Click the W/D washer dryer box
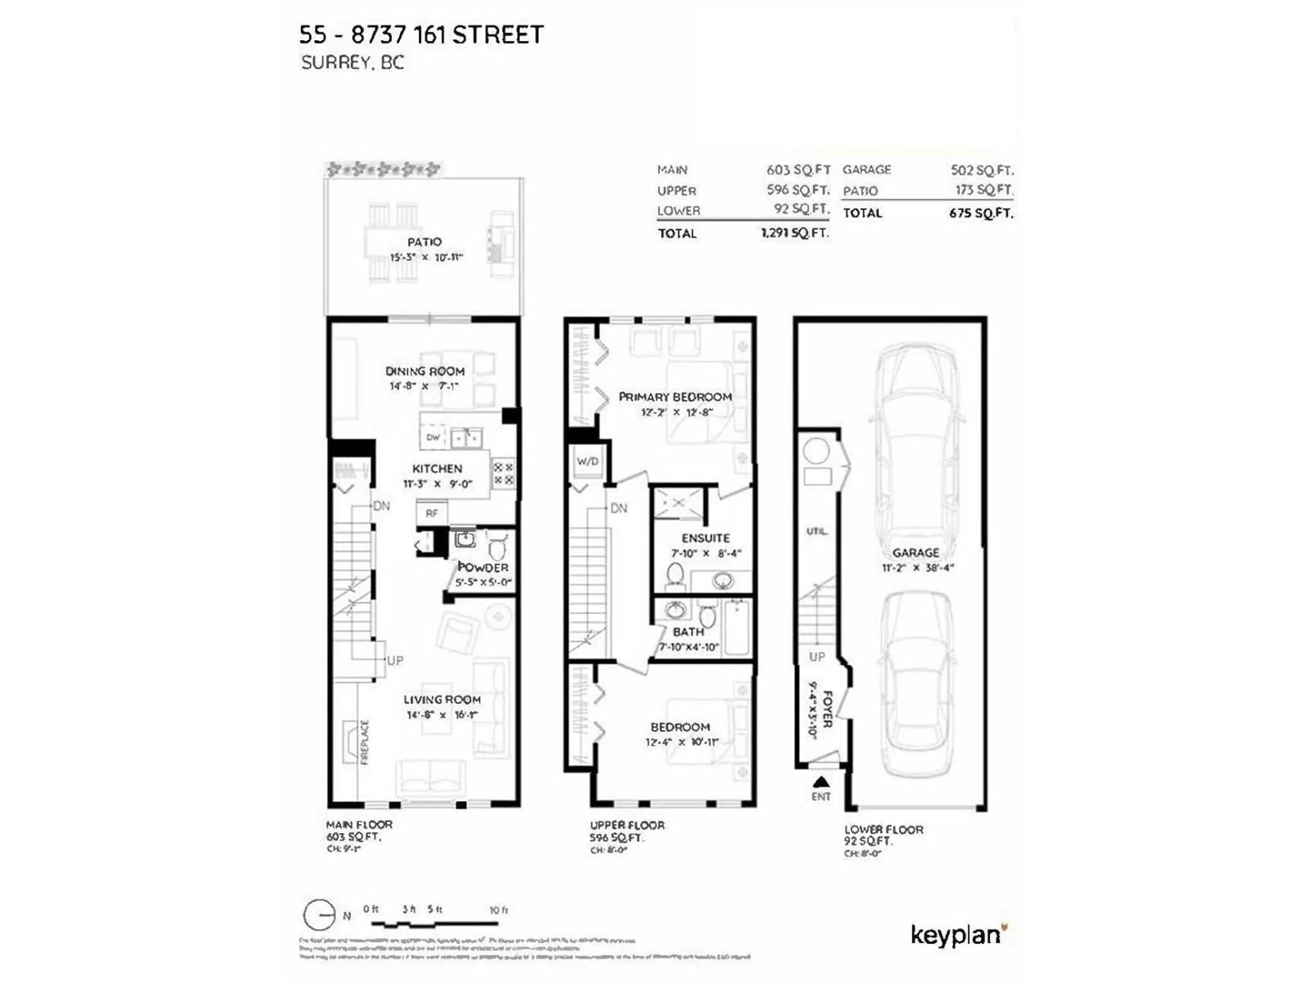coord(587,461)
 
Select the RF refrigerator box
coord(432,513)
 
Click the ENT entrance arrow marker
coord(821,782)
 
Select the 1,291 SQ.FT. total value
coord(794,233)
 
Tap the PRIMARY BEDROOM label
coord(675,397)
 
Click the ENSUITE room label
coord(705,538)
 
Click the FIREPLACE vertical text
coord(365,742)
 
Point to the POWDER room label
coord(483,567)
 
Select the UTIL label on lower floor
coord(817,531)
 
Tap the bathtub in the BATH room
coord(736,627)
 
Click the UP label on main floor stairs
coord(395,660)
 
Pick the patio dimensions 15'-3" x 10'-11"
coord(425,257)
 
